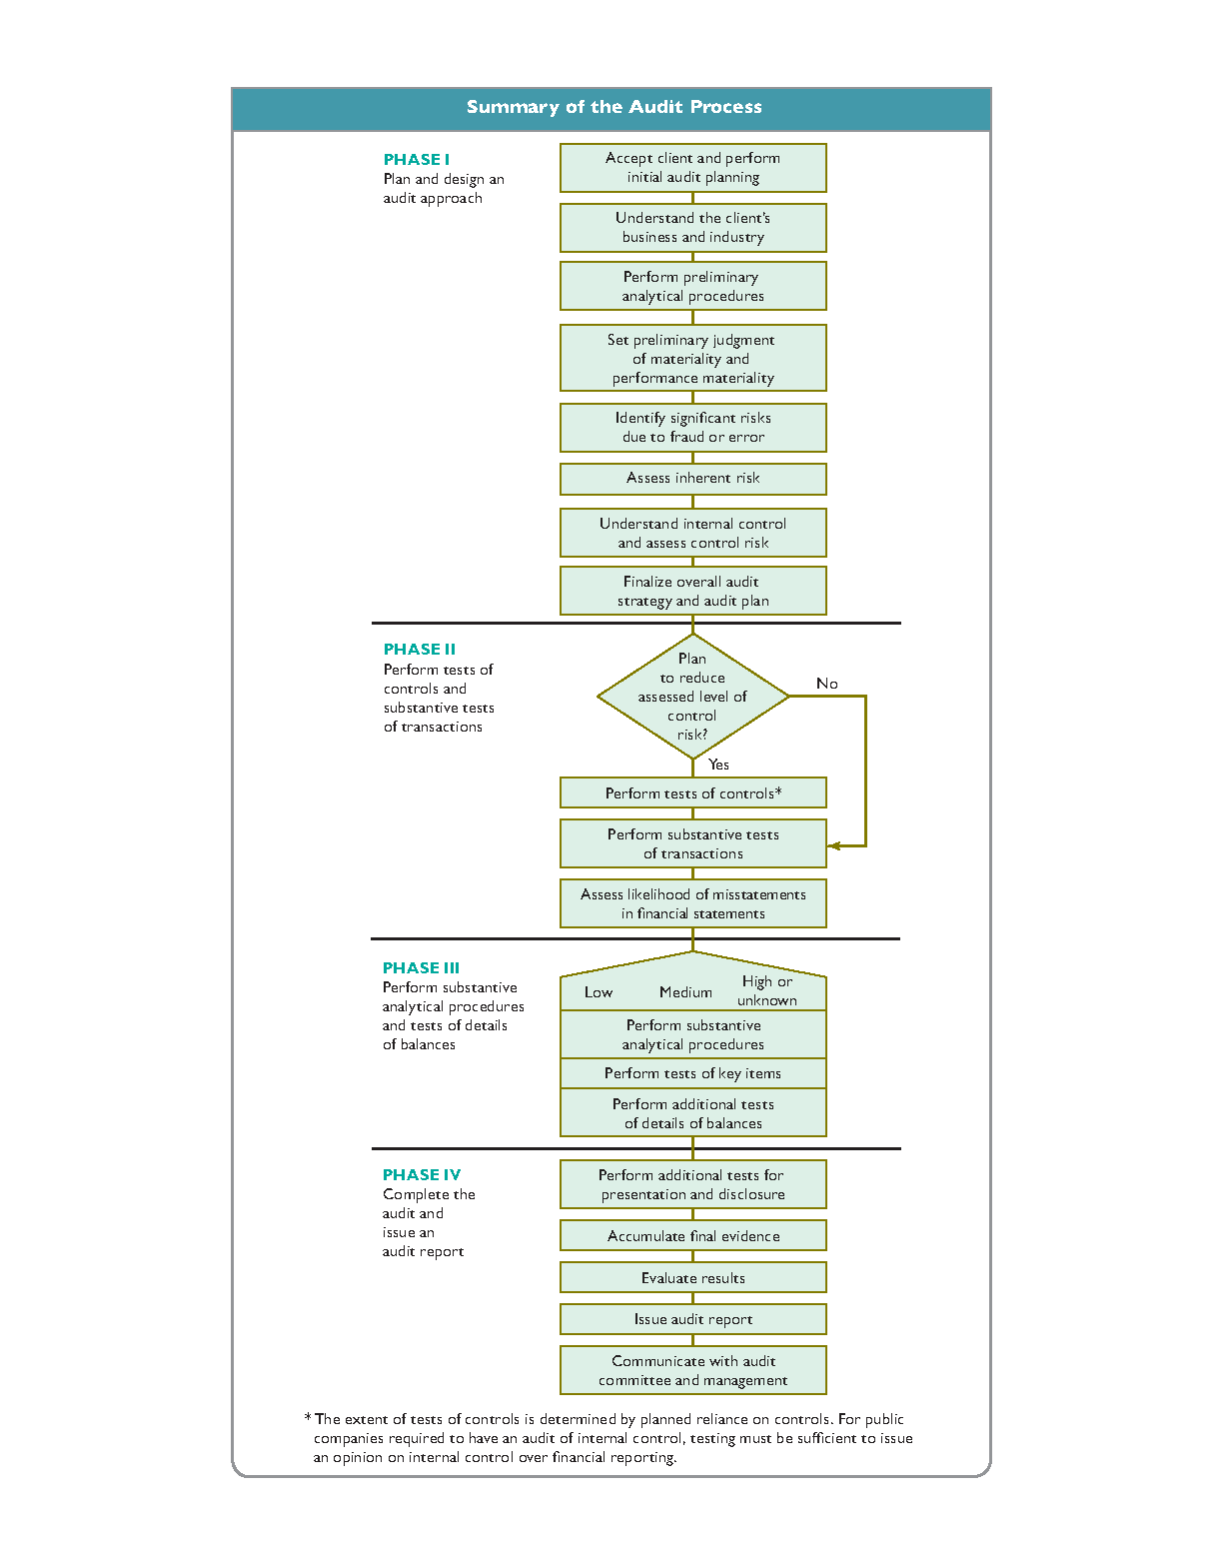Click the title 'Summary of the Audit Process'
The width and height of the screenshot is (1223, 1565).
point(613,107)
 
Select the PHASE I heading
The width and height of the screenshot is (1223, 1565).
point(416,159)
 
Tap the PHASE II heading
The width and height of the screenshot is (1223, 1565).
point(419,649)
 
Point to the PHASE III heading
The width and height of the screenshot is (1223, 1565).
point(421,967)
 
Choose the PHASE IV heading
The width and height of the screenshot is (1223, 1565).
point(421,1174)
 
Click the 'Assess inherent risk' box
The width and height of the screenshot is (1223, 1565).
point(692,479)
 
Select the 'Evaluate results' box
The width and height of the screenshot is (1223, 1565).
point(692,1277)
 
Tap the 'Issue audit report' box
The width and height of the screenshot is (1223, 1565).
point(692,1319)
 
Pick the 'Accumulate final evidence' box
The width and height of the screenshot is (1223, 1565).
point(692,1235)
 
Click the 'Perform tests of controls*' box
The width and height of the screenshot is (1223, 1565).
point(692,792)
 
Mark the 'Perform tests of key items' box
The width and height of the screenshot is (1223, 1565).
point(692,1073)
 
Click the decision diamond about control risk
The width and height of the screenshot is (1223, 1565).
point(692,696)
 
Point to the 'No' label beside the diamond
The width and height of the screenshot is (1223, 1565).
point(826,683)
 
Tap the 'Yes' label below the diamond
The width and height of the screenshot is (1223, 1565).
point(718,765)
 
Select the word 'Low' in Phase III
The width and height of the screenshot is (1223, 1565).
point(599,991)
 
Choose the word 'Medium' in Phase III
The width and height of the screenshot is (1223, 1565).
point(685,991)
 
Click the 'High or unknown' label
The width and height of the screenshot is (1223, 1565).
point(766,990)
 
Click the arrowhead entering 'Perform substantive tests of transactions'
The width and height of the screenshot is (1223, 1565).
point(833,845)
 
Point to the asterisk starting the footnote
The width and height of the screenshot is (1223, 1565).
point(308,1417)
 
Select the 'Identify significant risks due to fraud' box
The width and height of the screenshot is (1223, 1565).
point(692,427)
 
